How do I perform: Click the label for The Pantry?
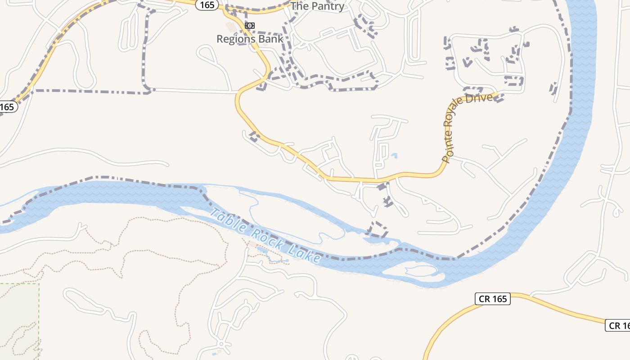coord(318,6)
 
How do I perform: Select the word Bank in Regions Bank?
coord(271,39)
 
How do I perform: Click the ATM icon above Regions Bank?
coord(249,26)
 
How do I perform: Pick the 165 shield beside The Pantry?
coord(207,4)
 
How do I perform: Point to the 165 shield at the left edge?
coord(7,107)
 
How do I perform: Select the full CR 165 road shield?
coord(493,299)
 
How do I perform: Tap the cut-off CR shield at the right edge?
coord(619,326)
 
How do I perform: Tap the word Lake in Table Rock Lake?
coord(306,254)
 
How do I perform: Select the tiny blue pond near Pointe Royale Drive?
coord(395,156)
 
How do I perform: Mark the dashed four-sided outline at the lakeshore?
coord(378,229)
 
